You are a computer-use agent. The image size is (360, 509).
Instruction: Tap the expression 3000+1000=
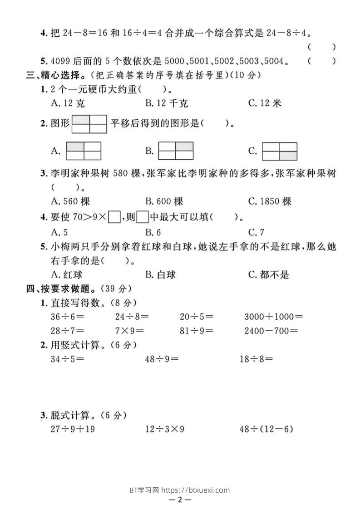(x=273, y=316)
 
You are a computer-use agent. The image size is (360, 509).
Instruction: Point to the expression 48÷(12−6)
(x=266, y=429)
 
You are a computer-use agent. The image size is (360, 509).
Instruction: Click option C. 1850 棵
(x=270, y=201)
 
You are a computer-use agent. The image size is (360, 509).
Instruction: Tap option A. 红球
(x=67, y=274)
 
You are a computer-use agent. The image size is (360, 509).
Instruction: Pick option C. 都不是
(x=268, y=274)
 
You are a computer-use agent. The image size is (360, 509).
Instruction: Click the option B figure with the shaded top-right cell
(x=176, y=151)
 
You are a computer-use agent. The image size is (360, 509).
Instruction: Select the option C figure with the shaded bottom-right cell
(x=280, y=151)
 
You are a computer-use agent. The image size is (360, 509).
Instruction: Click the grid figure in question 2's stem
(x=89, y=124)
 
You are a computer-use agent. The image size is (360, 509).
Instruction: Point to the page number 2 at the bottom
(x=180, y=500)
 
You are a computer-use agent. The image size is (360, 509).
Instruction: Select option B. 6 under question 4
(x=153, y=233)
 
